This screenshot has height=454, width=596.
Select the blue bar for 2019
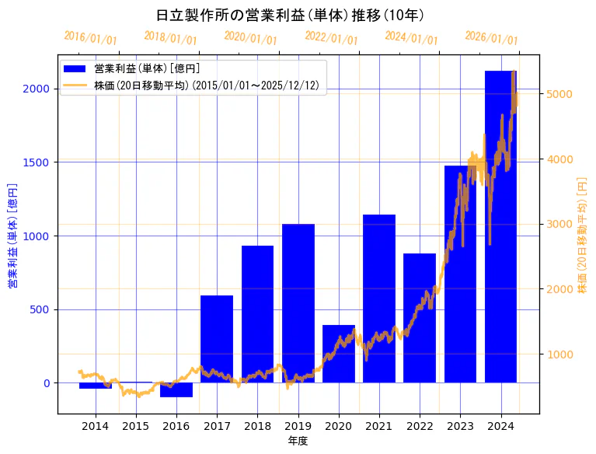298,303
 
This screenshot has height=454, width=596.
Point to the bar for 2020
339,354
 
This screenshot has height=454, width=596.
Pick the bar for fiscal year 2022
420,318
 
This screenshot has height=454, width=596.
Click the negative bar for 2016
176,389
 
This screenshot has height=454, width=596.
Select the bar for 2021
379,299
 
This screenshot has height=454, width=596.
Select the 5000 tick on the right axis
559,94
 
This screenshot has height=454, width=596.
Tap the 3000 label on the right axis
559,225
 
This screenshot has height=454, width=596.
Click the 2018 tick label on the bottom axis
257,426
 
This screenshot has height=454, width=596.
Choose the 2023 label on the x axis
460,426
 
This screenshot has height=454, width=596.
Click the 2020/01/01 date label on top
250,37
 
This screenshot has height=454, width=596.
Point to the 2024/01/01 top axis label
411,38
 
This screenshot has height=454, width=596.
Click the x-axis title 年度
298,441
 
